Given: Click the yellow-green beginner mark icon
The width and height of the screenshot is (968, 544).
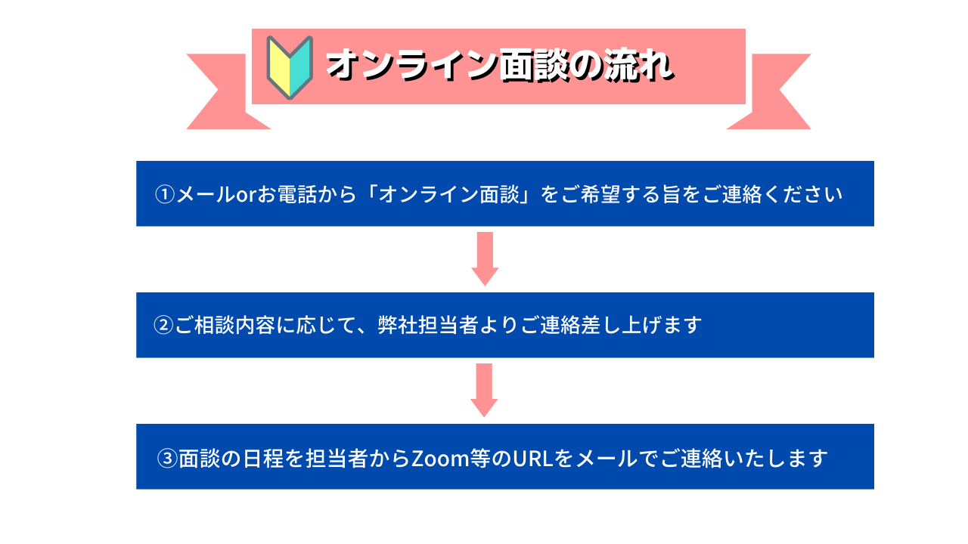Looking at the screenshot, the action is (x=290, y=67).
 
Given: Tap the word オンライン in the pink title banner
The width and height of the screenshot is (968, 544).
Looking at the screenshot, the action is (x=413, y=65).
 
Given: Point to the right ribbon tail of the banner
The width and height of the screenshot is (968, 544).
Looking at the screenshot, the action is (x=774, y=91).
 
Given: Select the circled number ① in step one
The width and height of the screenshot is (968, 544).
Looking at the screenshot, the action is (x=165, y=194).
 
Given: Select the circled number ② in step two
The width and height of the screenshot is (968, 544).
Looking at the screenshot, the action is (x=163, y=325).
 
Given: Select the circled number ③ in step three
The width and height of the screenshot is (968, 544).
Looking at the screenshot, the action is (x=167, y=458).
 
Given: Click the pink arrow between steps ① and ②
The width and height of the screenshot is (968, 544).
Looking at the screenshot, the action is (x=485, y=259).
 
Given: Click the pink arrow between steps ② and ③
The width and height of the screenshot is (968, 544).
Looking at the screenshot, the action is (x=484, y=391).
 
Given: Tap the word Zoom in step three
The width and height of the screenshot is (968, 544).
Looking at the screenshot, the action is (x=440, y=459).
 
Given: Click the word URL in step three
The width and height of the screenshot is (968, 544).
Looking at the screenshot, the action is (x=533, y=459).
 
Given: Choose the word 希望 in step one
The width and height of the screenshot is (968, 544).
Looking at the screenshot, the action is (x=600, y=194).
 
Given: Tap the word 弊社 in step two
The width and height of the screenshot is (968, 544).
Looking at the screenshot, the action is (x=398, y=325).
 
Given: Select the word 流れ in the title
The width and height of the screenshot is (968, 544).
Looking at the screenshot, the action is (x=639, y=65).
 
